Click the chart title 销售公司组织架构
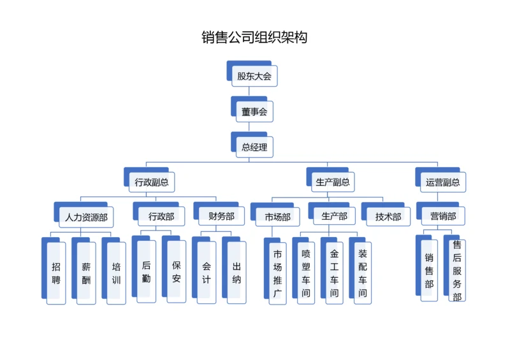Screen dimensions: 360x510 254,38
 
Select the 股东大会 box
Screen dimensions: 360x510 254,76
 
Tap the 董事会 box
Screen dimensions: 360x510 254,112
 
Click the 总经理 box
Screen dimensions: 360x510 254,148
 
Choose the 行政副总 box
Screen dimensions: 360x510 152,182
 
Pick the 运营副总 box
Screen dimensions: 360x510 442,182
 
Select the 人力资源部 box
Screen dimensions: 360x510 86,217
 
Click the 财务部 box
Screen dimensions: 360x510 221,217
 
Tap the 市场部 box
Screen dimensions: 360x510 277,217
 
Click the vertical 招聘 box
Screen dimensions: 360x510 56,273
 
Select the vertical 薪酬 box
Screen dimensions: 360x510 86,273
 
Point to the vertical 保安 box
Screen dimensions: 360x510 177,271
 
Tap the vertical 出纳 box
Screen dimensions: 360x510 237,271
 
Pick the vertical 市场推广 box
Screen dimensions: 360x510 277,273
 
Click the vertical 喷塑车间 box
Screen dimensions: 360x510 306,273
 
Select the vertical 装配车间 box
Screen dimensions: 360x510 363,273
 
